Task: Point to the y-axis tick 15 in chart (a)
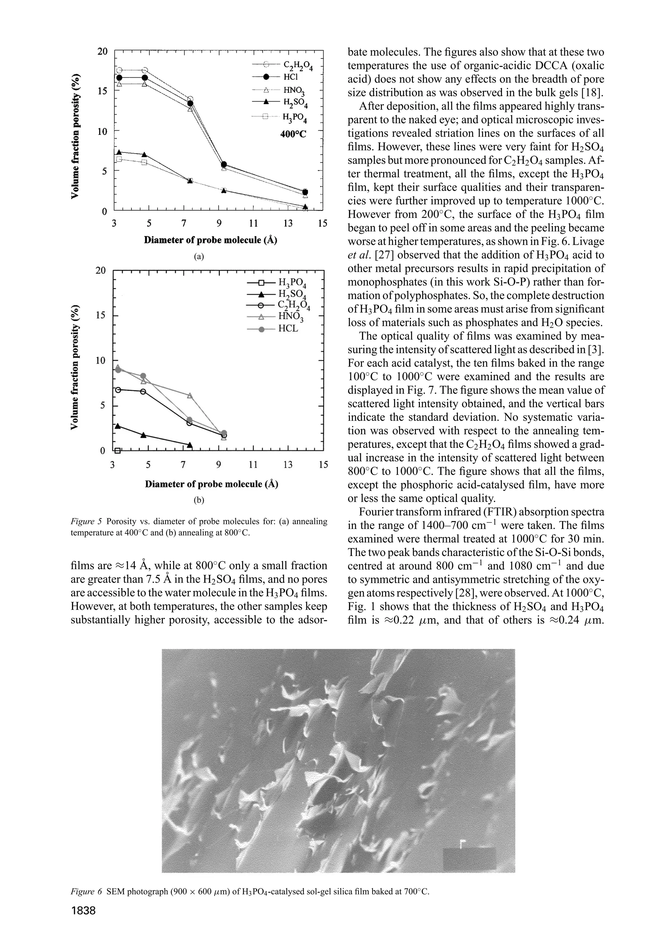pos(102,91)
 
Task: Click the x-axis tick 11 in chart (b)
pos(253,465)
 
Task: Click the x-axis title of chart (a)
pos(210,240)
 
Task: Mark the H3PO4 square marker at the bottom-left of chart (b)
pos(118,451)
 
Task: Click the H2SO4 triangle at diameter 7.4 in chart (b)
pos(190,445)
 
